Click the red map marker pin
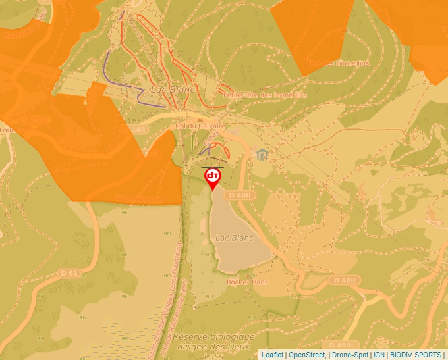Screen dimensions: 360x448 [213, 178]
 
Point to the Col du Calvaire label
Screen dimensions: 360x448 [201, 126]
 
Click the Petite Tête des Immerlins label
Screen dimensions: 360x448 [265, 95]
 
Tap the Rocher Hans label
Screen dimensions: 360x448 [247, 282]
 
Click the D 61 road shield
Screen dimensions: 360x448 [69, 272]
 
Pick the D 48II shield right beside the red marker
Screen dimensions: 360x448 [239, 195]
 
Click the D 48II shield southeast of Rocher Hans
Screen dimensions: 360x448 [345, 280]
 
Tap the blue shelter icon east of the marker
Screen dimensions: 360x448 [263, 155]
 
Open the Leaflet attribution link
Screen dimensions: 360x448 [272, 355]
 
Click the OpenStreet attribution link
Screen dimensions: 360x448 [307, 355]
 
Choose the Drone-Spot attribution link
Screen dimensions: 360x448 [350, 355]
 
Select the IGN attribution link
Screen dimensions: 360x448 [379, 355]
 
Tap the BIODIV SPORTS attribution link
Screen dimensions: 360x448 [416, 355]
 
